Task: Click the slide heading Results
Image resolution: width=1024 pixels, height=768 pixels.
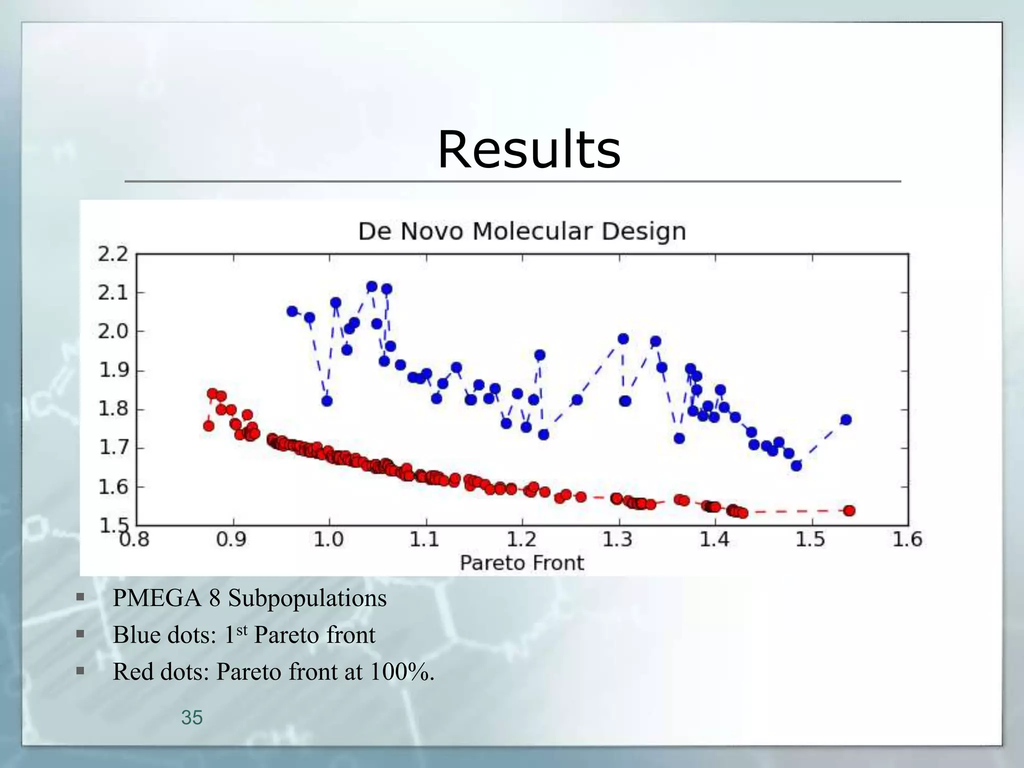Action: pos(529,150)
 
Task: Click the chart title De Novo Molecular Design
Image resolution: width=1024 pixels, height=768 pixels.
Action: pos(522,231)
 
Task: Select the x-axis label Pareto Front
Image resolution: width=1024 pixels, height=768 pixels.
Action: pos(521,563)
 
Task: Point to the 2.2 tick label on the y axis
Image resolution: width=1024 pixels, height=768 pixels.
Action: pos(113,254)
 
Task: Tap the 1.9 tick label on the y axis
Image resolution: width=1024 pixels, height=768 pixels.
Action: pos(113,370)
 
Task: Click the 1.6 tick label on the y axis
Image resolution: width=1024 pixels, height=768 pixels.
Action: pos(113,486)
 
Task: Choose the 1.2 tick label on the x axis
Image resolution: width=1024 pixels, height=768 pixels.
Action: pos(522,540)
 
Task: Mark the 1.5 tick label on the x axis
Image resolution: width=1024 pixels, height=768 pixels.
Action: pos(810,540)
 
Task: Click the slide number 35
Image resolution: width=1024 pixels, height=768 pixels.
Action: pos(192,717)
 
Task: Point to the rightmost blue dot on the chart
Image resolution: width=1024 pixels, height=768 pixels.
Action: pos(846,419)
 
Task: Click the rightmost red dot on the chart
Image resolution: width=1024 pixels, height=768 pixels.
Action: pos(849,510)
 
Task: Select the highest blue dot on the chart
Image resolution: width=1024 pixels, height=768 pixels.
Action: pos(371,286)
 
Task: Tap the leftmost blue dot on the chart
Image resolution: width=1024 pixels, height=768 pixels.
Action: pos(292,311)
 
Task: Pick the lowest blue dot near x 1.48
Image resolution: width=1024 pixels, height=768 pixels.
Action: pos(796,465)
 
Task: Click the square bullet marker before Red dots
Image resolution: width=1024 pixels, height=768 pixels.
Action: pos(80,671)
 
